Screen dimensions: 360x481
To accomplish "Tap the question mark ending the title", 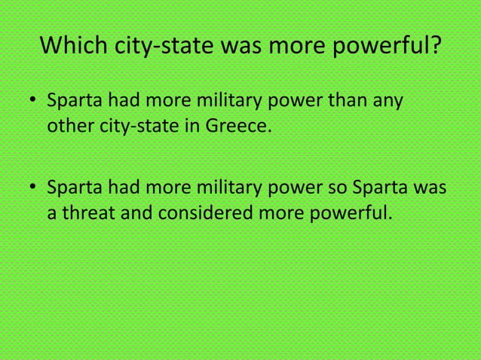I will point(435,48).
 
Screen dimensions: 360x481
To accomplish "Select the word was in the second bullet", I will point(430,186).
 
